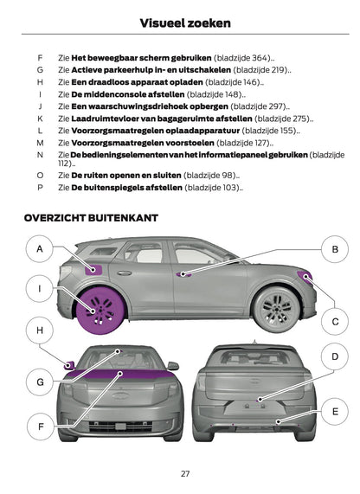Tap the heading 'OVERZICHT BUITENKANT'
point(88,219)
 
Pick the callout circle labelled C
point(333,321)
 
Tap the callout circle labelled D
point(333,356)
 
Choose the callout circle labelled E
point(333,413)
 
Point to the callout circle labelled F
point(40,426)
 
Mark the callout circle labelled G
point(40,382)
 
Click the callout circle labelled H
point(40,330)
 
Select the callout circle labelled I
point(40,287)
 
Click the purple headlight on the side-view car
point(304,278)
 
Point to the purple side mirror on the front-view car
point(69,365)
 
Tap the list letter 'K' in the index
point(40,119)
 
